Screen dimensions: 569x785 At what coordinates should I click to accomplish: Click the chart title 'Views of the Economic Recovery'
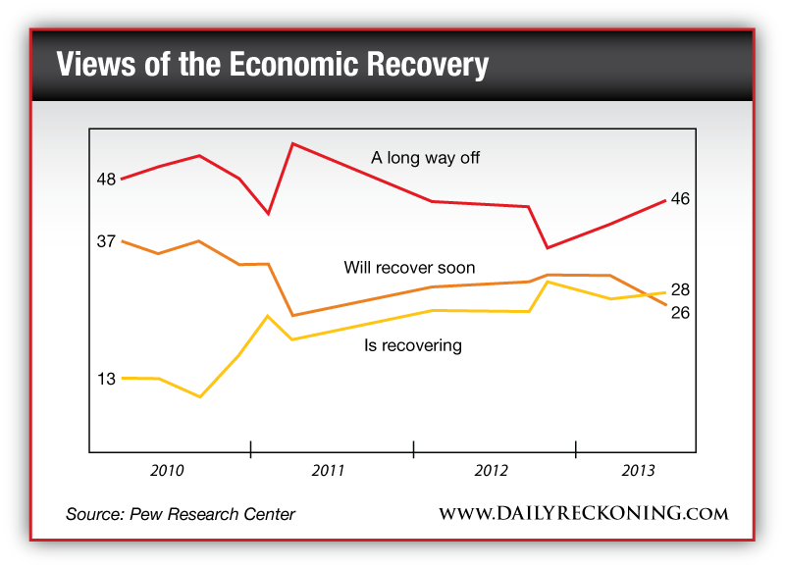click(x=272, y=65)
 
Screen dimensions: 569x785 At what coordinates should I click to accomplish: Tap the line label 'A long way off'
click(x=425, y=157)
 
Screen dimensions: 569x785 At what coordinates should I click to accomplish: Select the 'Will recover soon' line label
click(x=409, y=268)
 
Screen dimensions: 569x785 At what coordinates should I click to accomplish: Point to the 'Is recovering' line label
click(x=412, y=345)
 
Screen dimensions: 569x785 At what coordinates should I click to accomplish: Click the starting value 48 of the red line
click(x=107, y=180)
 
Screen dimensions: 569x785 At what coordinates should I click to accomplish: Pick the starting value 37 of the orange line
click(x=107, y=241)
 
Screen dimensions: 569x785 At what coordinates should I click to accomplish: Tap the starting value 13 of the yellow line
click(x=107, y=379)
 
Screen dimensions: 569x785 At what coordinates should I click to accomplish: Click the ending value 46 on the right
click(x=680, y=199)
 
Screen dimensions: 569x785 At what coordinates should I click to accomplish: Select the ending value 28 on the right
click(x=681, y=290)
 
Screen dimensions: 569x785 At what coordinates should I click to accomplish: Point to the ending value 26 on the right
click(x=681, y=313)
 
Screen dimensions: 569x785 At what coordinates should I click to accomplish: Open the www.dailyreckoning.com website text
click(x=583, y=514)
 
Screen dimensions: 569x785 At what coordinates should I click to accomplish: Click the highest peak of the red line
click(x=293, y=144)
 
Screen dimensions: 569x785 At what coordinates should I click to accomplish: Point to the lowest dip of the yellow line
click(x=200, y=396)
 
